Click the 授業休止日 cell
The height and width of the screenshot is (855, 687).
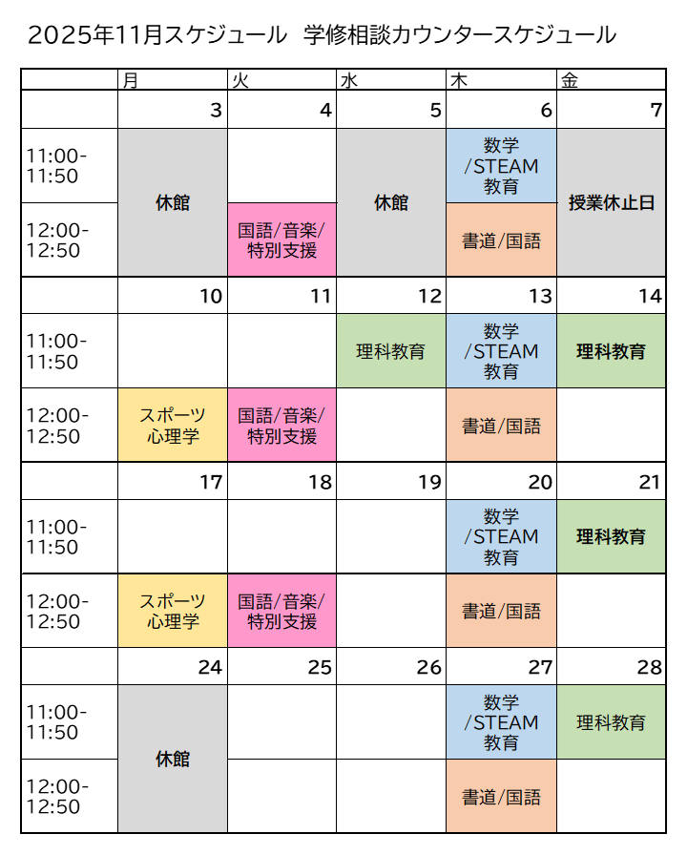[611, 202]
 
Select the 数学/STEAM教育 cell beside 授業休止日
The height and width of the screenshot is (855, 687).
[501, 166]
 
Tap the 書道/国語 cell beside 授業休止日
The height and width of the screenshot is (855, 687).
[501, 240]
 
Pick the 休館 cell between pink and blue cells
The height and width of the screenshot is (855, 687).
[391, 202]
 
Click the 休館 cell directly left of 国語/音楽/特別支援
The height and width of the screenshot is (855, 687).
[173, 202]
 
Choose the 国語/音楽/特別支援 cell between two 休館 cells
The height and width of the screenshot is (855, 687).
[281, 240]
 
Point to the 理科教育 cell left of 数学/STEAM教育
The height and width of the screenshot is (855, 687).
[391, 351]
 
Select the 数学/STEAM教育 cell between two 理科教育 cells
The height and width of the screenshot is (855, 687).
[501, 351]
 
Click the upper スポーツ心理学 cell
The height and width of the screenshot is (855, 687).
[173, 426]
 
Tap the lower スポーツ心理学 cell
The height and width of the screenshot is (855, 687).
[173, 611]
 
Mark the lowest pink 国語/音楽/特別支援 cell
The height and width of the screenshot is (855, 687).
[281, 611]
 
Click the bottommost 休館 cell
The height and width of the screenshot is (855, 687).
[173, 759]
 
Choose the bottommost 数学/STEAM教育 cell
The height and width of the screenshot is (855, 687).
[501, 722]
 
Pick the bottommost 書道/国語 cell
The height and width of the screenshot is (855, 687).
[501, 797]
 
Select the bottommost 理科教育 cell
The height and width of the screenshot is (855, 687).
[611, 722]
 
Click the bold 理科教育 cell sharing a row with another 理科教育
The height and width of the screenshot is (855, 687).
[611, 351]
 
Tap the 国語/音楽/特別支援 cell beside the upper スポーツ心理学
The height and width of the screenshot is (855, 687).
[281, 426]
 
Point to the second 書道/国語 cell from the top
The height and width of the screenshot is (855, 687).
[501, 426]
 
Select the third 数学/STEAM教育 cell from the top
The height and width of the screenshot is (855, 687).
[501, 536]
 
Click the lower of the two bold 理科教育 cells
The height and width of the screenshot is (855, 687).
[611, 536]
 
